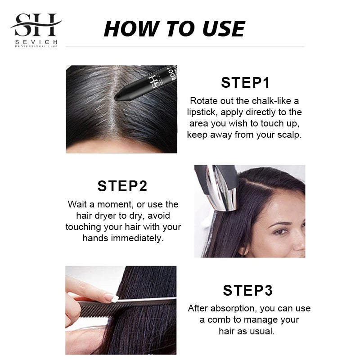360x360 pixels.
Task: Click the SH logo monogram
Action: tap(36, 26)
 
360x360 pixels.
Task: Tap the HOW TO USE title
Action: tap(174, 29)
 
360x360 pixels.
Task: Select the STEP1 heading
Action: tap(245, 83)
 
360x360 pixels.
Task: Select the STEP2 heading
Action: tap(122, 186)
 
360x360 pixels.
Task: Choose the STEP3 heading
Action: tap(247, 290)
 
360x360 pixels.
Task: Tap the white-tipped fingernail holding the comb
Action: tap(111, 297)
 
